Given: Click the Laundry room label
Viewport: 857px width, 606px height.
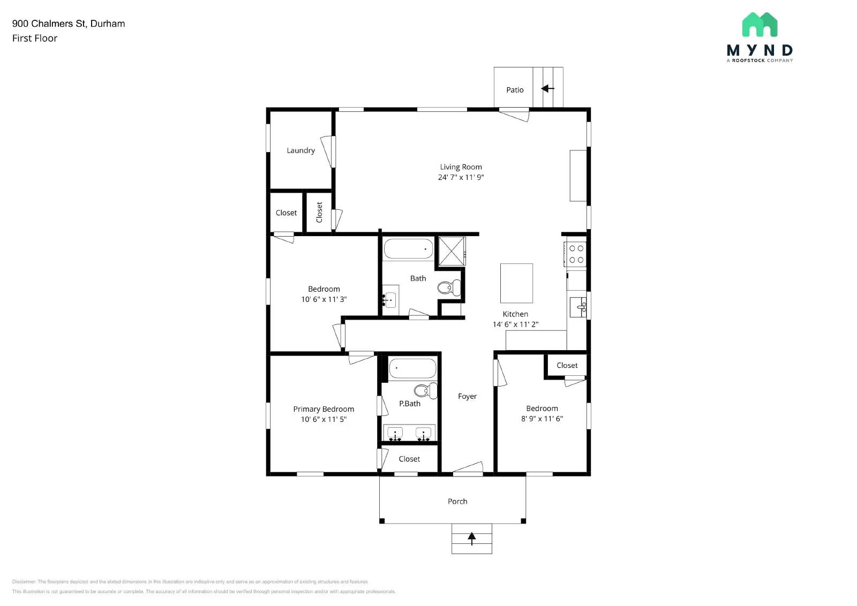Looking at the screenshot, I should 300,150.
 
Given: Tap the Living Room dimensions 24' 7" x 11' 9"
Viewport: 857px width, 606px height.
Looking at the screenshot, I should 461,177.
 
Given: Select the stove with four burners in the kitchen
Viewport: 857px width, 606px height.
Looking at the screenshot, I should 576,254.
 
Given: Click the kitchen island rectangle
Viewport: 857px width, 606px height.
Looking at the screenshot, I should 516,283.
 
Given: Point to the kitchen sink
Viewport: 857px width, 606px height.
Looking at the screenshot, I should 578,307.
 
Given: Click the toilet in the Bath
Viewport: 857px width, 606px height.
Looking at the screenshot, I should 448,288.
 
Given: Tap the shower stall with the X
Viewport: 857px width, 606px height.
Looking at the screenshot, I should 452,251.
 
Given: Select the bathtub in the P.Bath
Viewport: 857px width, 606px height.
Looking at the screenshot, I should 412,368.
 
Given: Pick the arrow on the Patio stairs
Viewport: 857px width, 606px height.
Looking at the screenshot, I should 547,88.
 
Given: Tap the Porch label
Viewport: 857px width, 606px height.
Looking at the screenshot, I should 457,501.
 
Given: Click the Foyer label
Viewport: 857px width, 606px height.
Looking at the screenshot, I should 467,396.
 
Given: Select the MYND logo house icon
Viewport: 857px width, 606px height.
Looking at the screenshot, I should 760,25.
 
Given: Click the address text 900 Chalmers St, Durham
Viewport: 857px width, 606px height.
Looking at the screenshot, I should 69,24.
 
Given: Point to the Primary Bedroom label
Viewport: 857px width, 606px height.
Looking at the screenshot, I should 324,409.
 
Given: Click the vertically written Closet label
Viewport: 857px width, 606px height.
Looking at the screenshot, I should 319,212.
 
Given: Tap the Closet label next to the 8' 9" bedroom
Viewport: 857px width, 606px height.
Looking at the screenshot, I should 567,365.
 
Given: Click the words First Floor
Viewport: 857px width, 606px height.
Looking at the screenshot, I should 35,38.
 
